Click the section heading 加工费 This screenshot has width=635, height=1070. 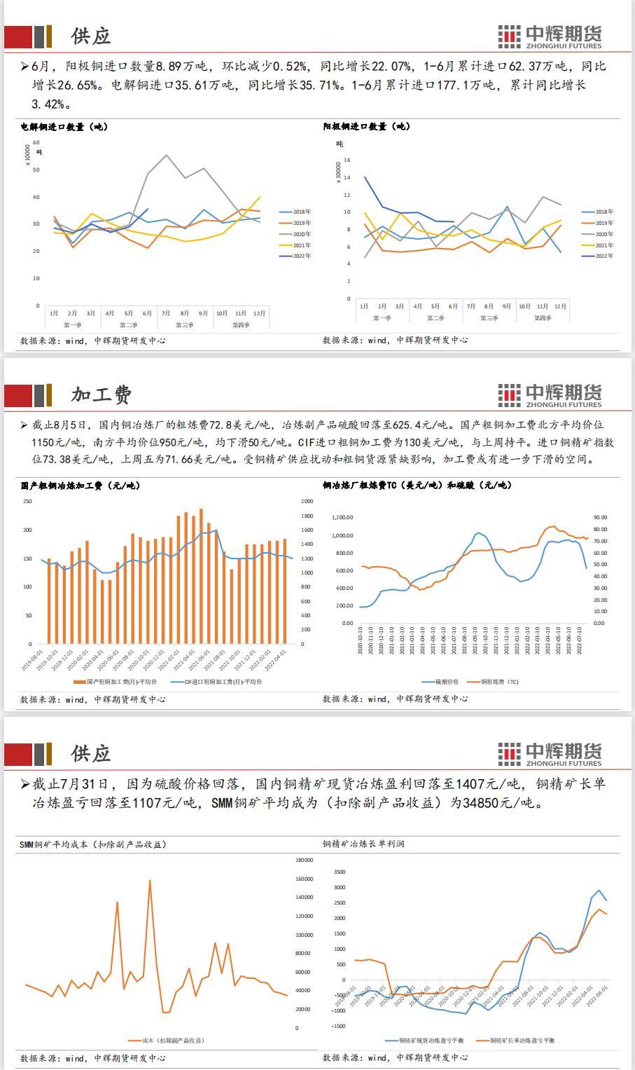click(102, 395)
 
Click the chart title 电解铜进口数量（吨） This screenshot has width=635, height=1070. click(64, 127)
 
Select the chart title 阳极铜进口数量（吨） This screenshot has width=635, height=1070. click(366, 127)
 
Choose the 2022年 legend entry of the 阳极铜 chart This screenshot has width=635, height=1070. click(603, 256)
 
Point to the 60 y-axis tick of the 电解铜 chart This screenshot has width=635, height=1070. click(36, 142)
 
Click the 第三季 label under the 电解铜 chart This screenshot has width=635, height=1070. click(184, 325)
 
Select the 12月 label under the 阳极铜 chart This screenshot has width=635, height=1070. click(560, 306)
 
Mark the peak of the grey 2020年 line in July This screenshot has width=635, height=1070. click(166, 156)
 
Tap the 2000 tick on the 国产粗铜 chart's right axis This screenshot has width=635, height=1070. click(307, 501)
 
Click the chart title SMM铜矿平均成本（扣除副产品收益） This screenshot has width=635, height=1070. click(93, 844)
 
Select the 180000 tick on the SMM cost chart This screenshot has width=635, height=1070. click(304, 860)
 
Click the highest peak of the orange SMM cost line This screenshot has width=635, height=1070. click(150, 881)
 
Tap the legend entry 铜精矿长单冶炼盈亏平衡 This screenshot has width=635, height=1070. click(522, 1041)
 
